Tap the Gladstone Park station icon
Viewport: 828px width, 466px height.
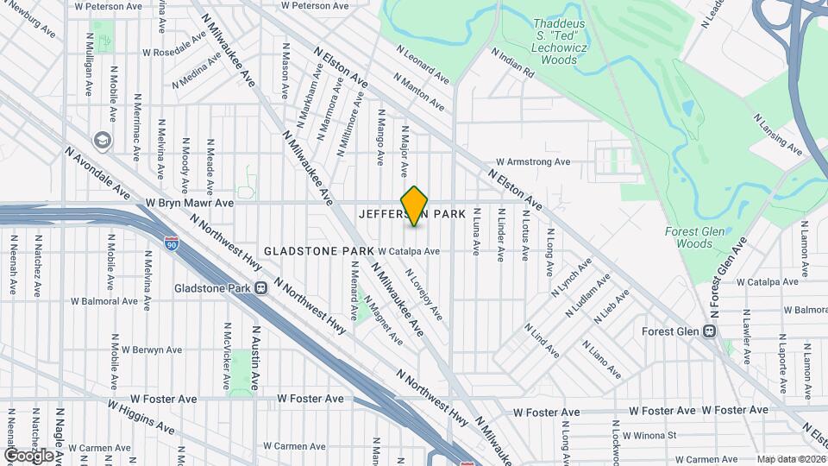(x=260, y=288)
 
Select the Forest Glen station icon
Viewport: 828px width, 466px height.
(x=711, y=331)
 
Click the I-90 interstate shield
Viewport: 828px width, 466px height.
(x=172, y=245)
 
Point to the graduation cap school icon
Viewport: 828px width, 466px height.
(x=103, y=140)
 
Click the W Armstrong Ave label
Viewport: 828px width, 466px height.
(x=533, y=161)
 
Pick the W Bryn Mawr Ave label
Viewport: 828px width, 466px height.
(x=190, y=203)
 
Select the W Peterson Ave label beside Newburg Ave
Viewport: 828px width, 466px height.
(x=109, y=6)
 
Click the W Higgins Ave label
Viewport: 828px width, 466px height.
(x=141, y=415)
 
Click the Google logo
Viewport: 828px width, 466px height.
(x=29, y=455)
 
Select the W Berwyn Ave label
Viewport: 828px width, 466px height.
(x=152, y=350)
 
